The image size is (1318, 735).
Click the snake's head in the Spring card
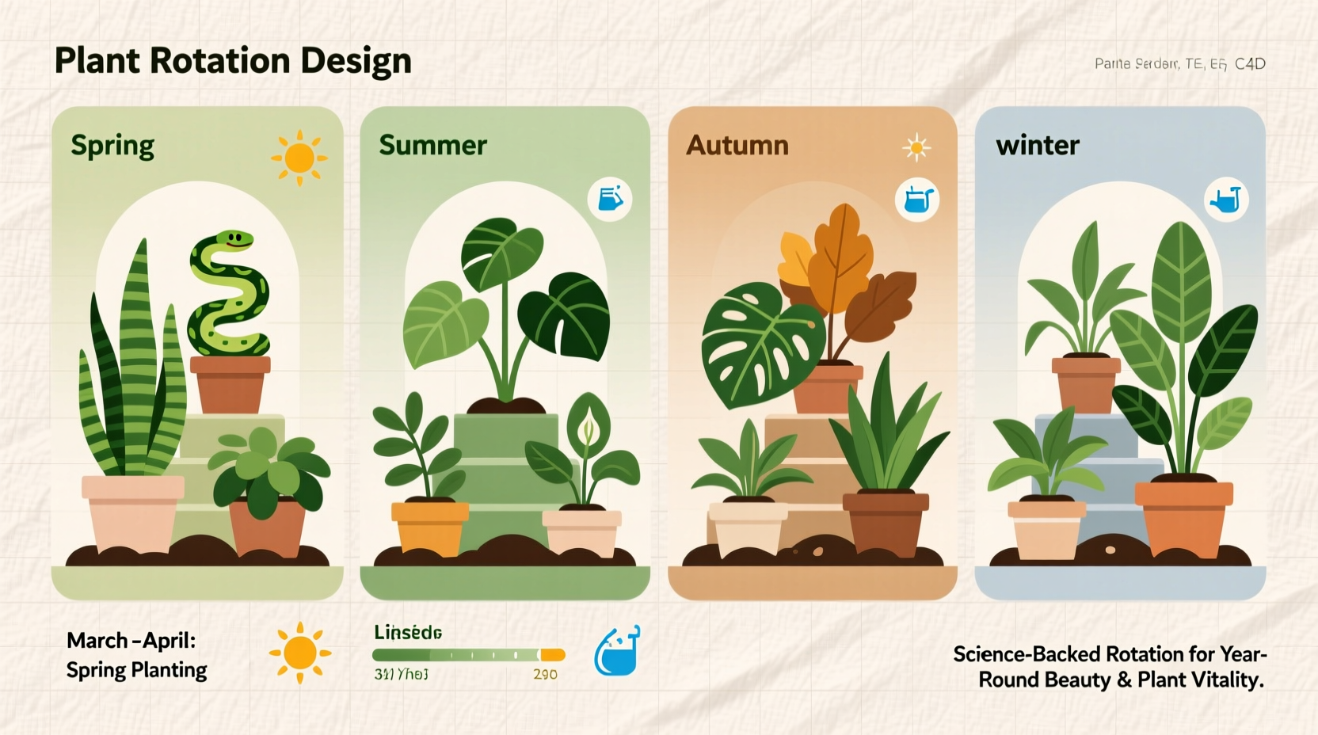pyautogui.click(x=234, y=240)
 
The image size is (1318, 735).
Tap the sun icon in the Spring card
pyautogui.click(x=299, y=158)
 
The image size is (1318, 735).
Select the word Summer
pyautogui.click(x=432, y=145)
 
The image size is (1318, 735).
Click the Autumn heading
pyautogui.click(x=737, y=145)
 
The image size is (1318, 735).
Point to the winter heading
pyautogui.click(x=1038, y=145)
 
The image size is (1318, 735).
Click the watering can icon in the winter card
pyautogui.click(x=1225, y=200)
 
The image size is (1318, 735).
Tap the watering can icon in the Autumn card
pyautogui.click(x=917, y=200)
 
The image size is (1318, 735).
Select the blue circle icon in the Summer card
pyautogui.click(x=610, y=199)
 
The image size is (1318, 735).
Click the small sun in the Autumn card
pyautogui.click(x=916, y=147)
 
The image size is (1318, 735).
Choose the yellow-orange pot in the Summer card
pyautogui.click(x=430, y=526)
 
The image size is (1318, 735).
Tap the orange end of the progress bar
pyautogui.click(x=553, y=655)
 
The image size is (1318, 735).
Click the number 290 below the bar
pyautogui.click(x=545, y=674)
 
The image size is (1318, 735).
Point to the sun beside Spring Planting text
pyautogui.click(x=299, y=653)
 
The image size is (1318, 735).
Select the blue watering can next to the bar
pyautogui.click(x=617, y=651)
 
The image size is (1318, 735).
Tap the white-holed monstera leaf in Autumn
pyautogui.click(x=756, y=345)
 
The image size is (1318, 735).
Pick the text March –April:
pyautogui.click(x=131, y=640)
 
